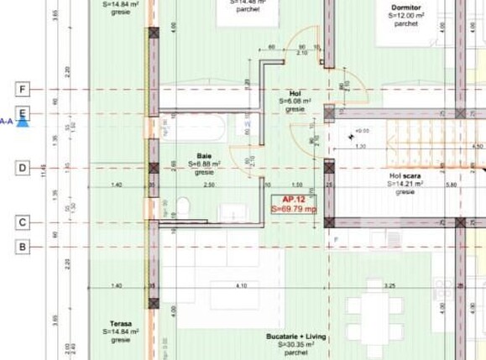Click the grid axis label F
tap(23, 89)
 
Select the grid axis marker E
tap(23, 112)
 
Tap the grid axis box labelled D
tap(23, 168)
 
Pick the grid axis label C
tap(23, 222)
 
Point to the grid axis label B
tap(23, 247)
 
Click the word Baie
tap(204, 156)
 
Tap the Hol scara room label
tap(405, 175)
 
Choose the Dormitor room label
tap(405, 8)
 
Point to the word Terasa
tap(121, 323)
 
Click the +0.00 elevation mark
tap(362, 131)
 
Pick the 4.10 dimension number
tap(242, 286)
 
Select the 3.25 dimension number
tap(389, 286)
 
